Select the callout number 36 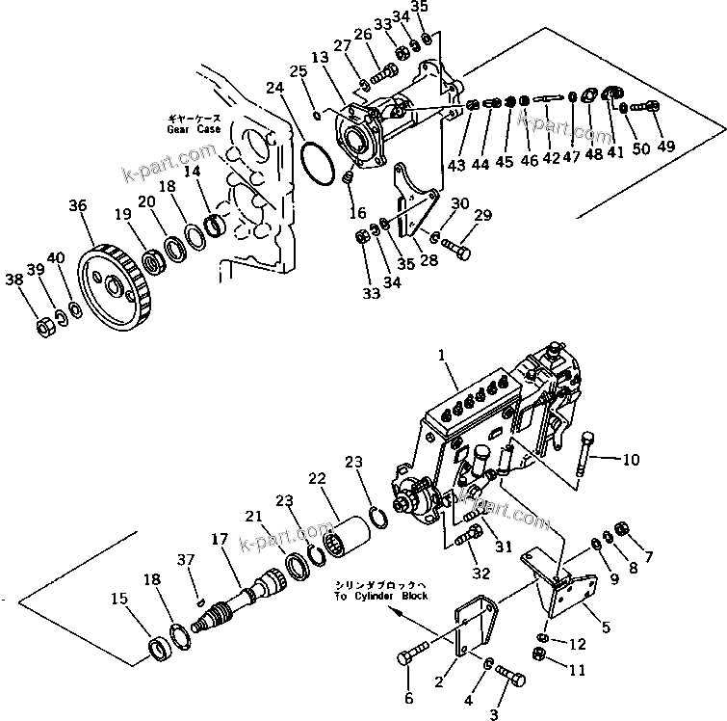pyautogui.click(x=77, y=204)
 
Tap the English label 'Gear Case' pyautogui.click(x=193, y=128)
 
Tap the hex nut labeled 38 pyautogui.click(x=43, y=328)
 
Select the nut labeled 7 pyautogui.click(x=621, y=528)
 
